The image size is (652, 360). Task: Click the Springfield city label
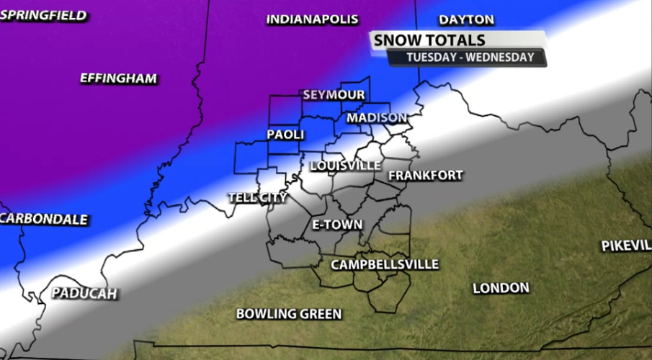[x=43, y=15]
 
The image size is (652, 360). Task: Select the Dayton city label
[x=467, y=19]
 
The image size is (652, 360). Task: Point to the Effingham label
[x=118, y=78]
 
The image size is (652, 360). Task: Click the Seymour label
[x=334, y=95]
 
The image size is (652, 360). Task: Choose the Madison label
[x=377, y=117]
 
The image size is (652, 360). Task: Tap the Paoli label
[x=285, y=135]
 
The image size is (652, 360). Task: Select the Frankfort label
[x=425, y=175]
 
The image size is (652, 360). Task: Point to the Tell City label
[x=257, y=197]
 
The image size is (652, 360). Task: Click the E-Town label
[x=337, y=225]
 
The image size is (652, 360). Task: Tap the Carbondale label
[x=45, y=220]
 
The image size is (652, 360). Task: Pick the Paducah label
[x=84, y=294]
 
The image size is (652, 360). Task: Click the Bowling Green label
[x=289, y=314]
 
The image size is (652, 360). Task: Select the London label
[x=501, y=288]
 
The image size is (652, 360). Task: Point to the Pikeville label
[x=626, y=246]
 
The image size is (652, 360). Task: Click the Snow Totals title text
[x=429, y=41]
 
